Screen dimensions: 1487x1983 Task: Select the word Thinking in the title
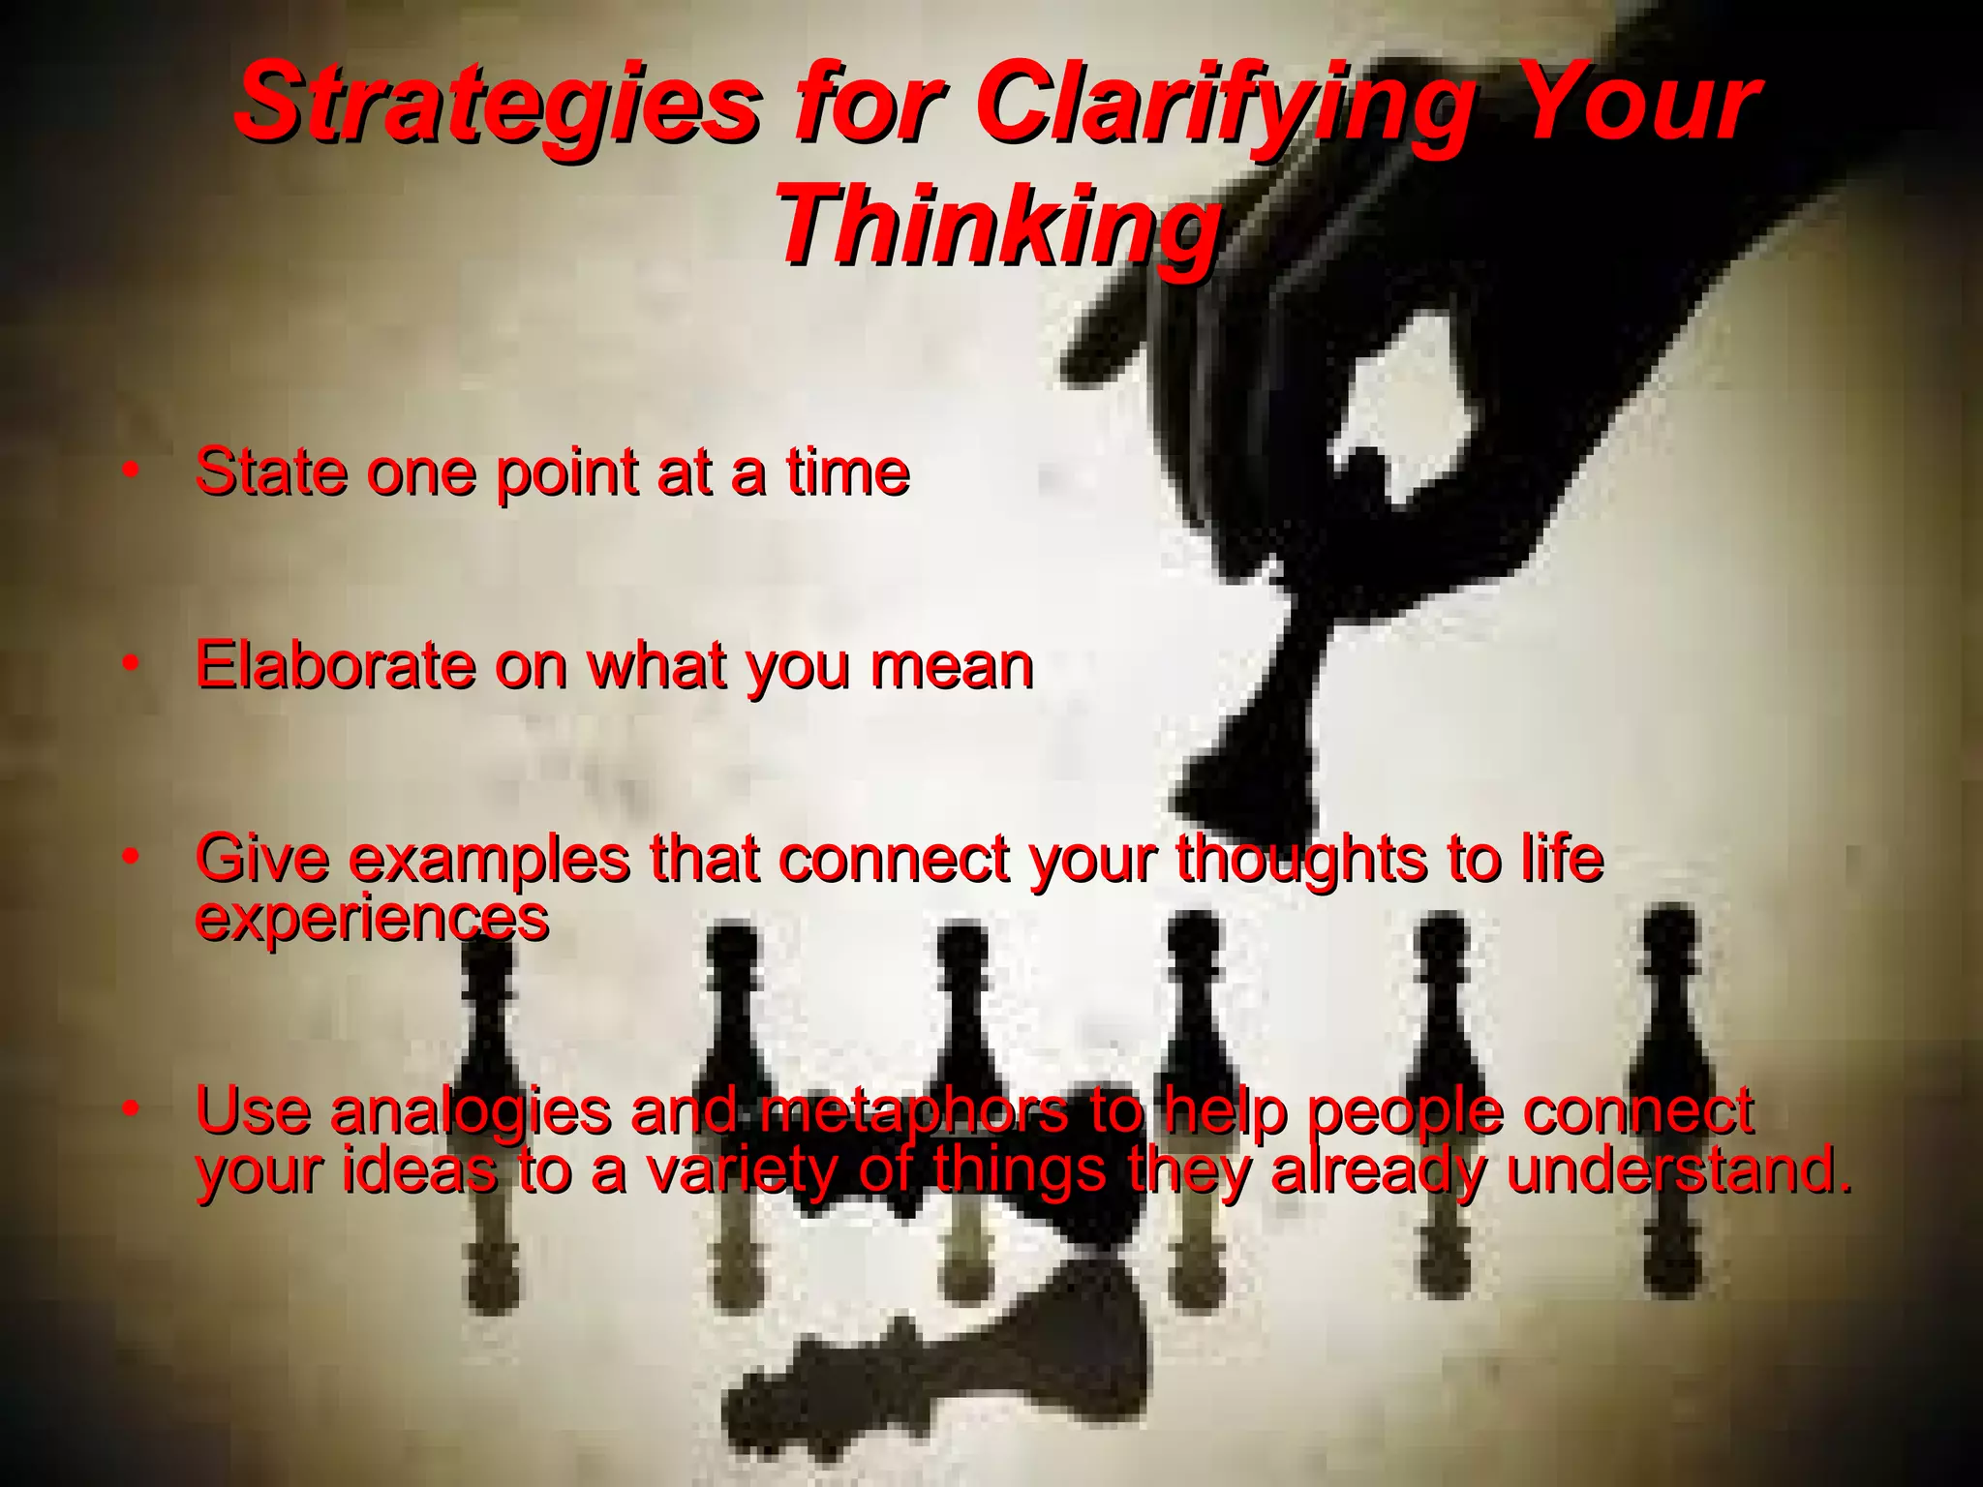point(997,228)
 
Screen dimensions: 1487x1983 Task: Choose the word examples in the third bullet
point(488,859)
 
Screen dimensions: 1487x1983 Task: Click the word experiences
point(372,918)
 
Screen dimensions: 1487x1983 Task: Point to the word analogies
point(470,1111)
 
